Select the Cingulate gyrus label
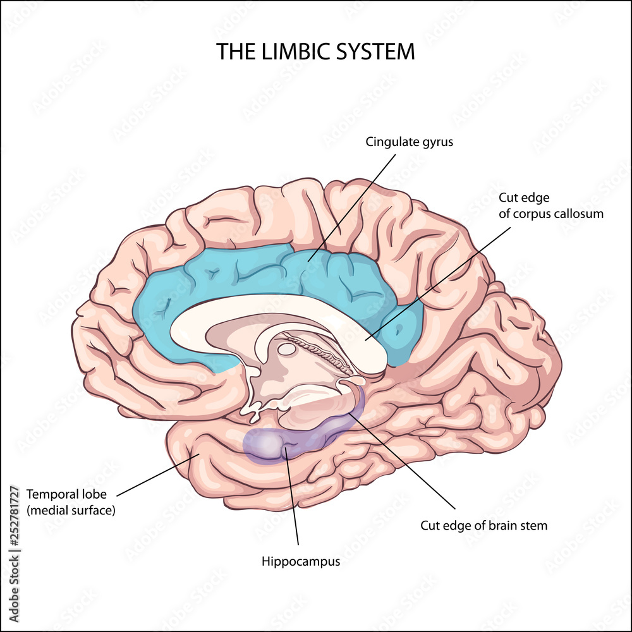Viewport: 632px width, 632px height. pos(409,142)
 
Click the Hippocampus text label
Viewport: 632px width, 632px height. pos(300,561)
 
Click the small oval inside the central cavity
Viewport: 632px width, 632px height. pos(287,349)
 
